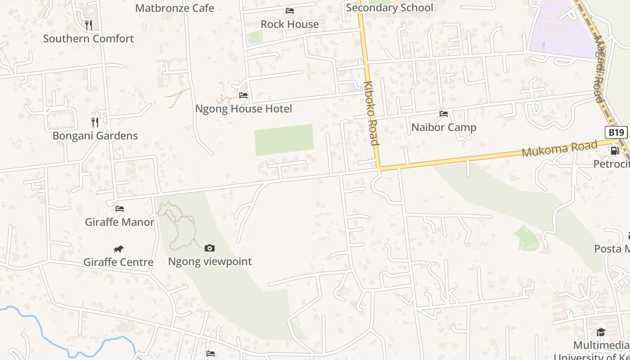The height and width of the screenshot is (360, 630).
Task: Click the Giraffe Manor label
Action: coord(120,222)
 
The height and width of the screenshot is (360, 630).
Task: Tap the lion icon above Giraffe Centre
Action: coord(118,249)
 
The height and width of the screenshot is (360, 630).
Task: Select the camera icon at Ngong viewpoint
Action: coord(210,248)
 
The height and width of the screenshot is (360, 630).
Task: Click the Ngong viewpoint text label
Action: coord(210,261)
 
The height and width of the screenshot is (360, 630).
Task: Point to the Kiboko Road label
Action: coord(371,113)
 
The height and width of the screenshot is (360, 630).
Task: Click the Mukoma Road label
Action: coord(559,148)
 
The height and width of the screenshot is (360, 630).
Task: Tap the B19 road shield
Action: coord(616,132)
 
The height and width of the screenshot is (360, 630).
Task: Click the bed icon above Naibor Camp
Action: coord(444,114)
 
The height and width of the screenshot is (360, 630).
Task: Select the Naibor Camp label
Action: coord(444,127)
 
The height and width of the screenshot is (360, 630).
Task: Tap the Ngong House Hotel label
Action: coord(243,109)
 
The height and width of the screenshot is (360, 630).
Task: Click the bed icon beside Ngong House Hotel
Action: coord(243,95)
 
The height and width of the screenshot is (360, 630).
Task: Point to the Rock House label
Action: coord(290,24)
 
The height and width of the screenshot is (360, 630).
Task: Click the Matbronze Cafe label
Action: coord(175,8)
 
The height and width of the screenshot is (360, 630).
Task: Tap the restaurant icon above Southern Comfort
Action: coord(89,25)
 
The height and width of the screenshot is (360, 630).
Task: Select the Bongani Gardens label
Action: coord(95,136)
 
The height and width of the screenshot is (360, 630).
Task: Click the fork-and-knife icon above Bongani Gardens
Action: coord(95,122)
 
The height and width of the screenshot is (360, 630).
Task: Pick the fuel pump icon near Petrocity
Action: coord(615,151)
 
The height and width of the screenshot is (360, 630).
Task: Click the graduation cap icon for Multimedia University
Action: coord(601,332)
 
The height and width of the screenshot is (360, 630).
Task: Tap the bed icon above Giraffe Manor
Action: coord(120,209)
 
